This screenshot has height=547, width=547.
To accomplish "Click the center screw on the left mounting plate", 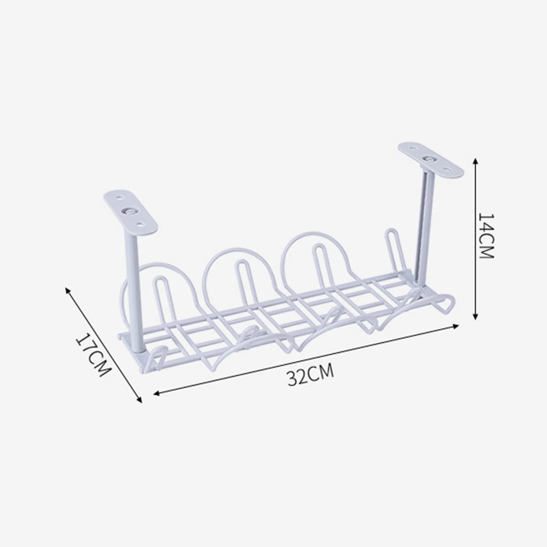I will pos(130,212).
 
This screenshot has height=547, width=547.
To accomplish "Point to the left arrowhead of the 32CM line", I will pos(156,394).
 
